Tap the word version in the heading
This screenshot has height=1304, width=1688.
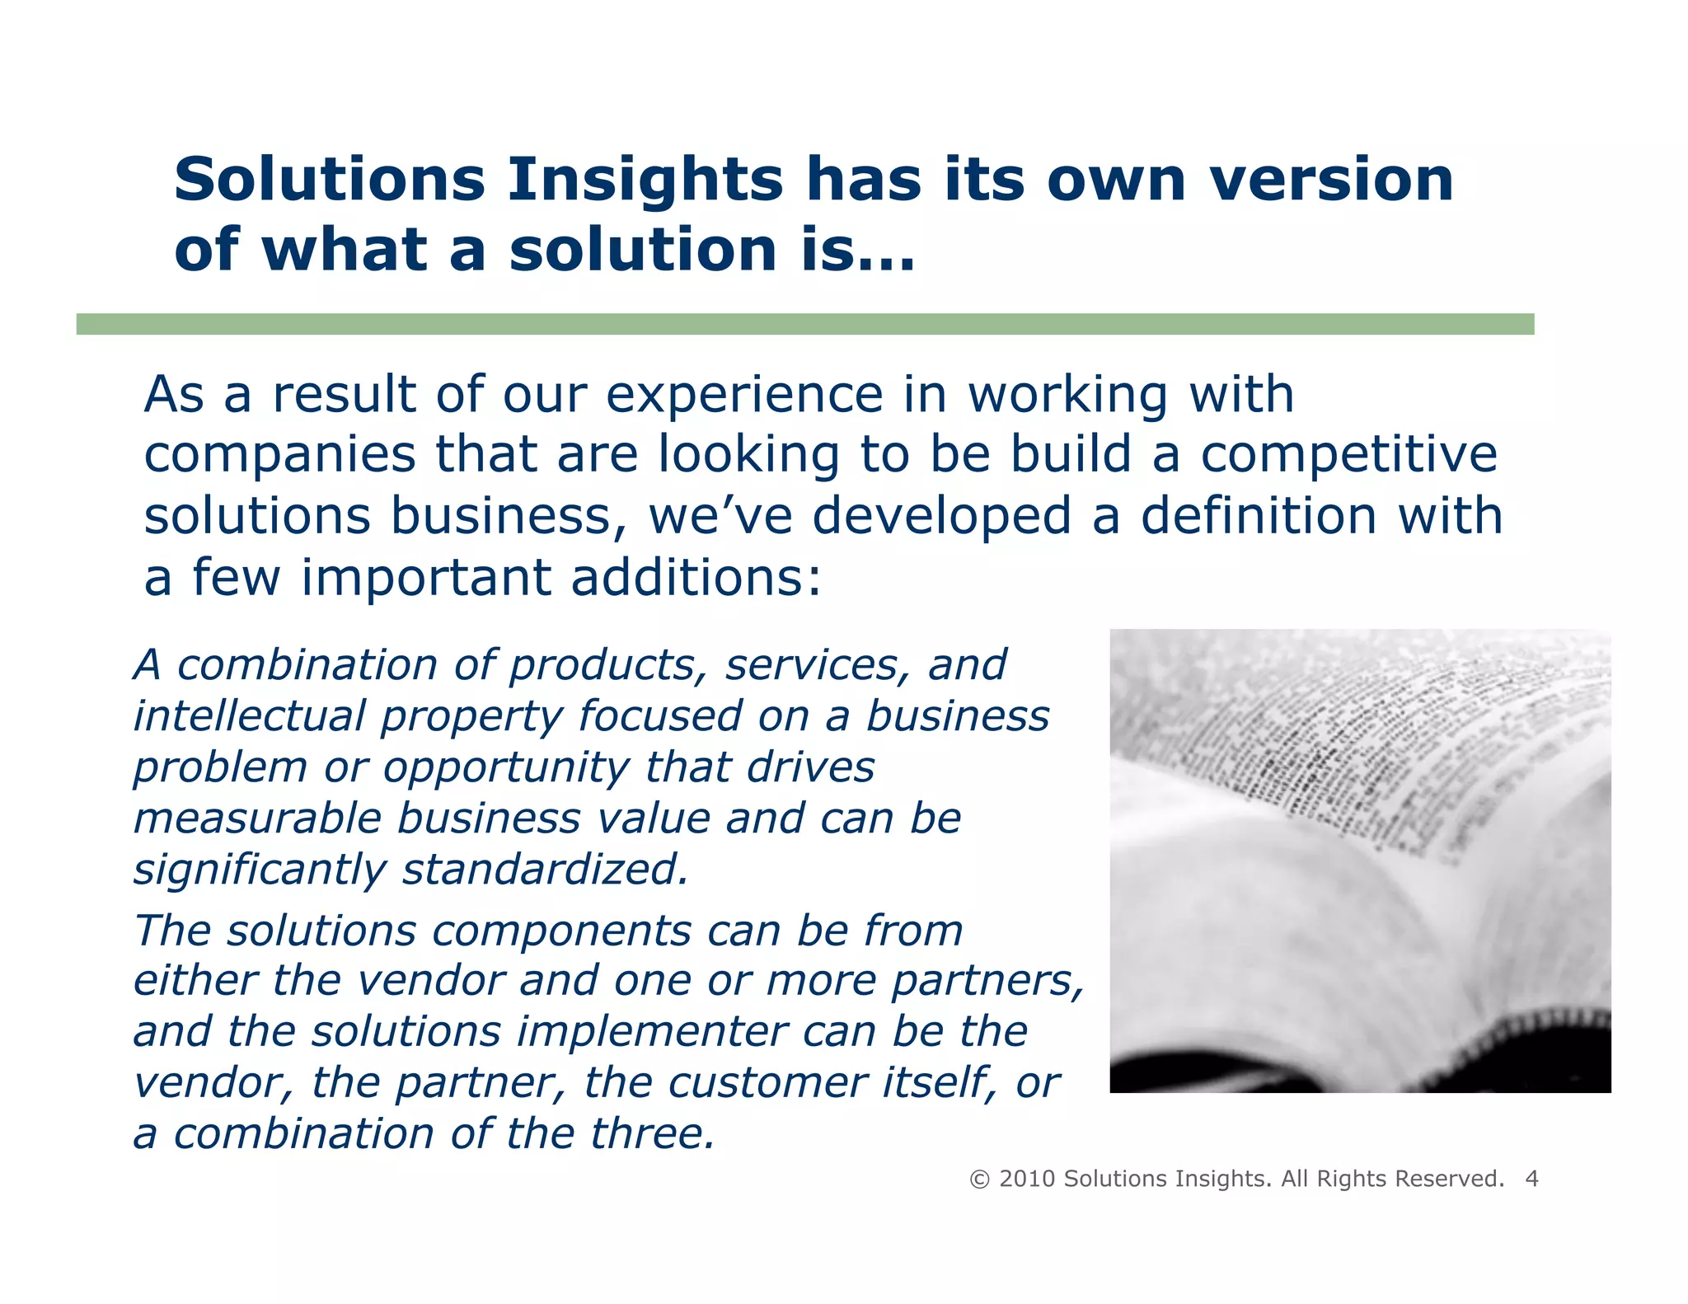pyautogui.click(x=1331, y=180)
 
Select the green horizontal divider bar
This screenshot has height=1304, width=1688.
pyautogui.click(x=804, y=324)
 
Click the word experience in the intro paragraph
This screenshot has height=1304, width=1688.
pyautogui.click(x=744, y=394)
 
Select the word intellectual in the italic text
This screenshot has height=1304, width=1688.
pyautogui.click(x=250, y=715)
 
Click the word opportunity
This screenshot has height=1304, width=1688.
pyautogui.click(x=506, y=768)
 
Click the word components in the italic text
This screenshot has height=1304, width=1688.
pyautogui.click(x=561, y=931)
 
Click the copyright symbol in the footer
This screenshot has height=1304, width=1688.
pyautogui.click(x=979, y=1180)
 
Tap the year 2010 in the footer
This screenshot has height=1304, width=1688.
pyautogui.click(x=1027, y=1179)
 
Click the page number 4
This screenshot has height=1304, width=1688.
pyautogui.click(x=1531, y=1179)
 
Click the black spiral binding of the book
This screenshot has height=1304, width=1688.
pyautogui.click(x=1525, y=1043)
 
